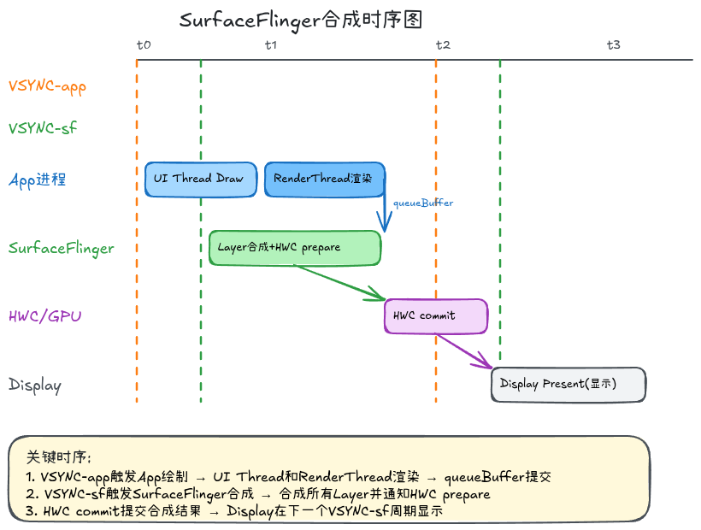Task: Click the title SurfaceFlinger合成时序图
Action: (x=301, y=21)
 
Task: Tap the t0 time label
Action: (x=144, y=44)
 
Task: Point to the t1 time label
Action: (x=271, y=44)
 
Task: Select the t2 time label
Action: (x=442, y=44)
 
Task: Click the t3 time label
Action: (x=613, y=44)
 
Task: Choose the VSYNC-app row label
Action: (x=47, y=85)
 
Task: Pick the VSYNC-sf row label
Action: (x=42, y=128)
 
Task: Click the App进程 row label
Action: (x=37, y=180)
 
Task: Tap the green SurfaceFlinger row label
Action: (x=61, y=248)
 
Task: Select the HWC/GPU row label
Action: (x=45, y=316)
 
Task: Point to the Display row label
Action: (x=35, y=385)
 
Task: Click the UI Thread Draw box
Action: (x=200, y=180)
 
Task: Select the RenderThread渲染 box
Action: (x=325, y=180)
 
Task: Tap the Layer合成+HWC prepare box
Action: (x=295, y=248)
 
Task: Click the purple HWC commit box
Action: (x=436, y=316)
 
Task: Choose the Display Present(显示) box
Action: (x=568, y=385)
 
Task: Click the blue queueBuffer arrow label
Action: (x=423, y=203)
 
